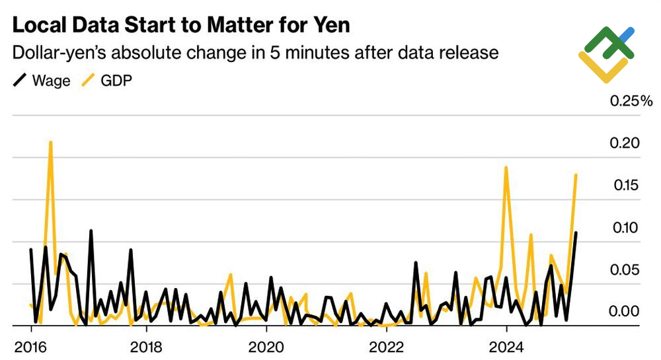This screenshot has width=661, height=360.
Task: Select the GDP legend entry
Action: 105,82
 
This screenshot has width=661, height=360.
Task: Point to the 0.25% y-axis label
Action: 631,101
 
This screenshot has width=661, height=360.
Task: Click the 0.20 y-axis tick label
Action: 624,143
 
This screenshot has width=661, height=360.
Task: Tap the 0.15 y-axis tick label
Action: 624,185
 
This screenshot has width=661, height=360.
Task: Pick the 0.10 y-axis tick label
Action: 624,228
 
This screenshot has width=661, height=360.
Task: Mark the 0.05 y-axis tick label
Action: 624,270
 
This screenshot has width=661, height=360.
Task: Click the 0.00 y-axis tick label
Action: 624,311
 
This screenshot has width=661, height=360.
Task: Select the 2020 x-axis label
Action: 266,345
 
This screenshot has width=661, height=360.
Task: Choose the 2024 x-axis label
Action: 506,345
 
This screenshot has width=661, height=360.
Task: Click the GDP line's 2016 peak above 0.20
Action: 51,142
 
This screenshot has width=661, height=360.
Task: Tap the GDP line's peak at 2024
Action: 506,167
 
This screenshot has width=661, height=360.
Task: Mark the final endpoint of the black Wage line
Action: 576,233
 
